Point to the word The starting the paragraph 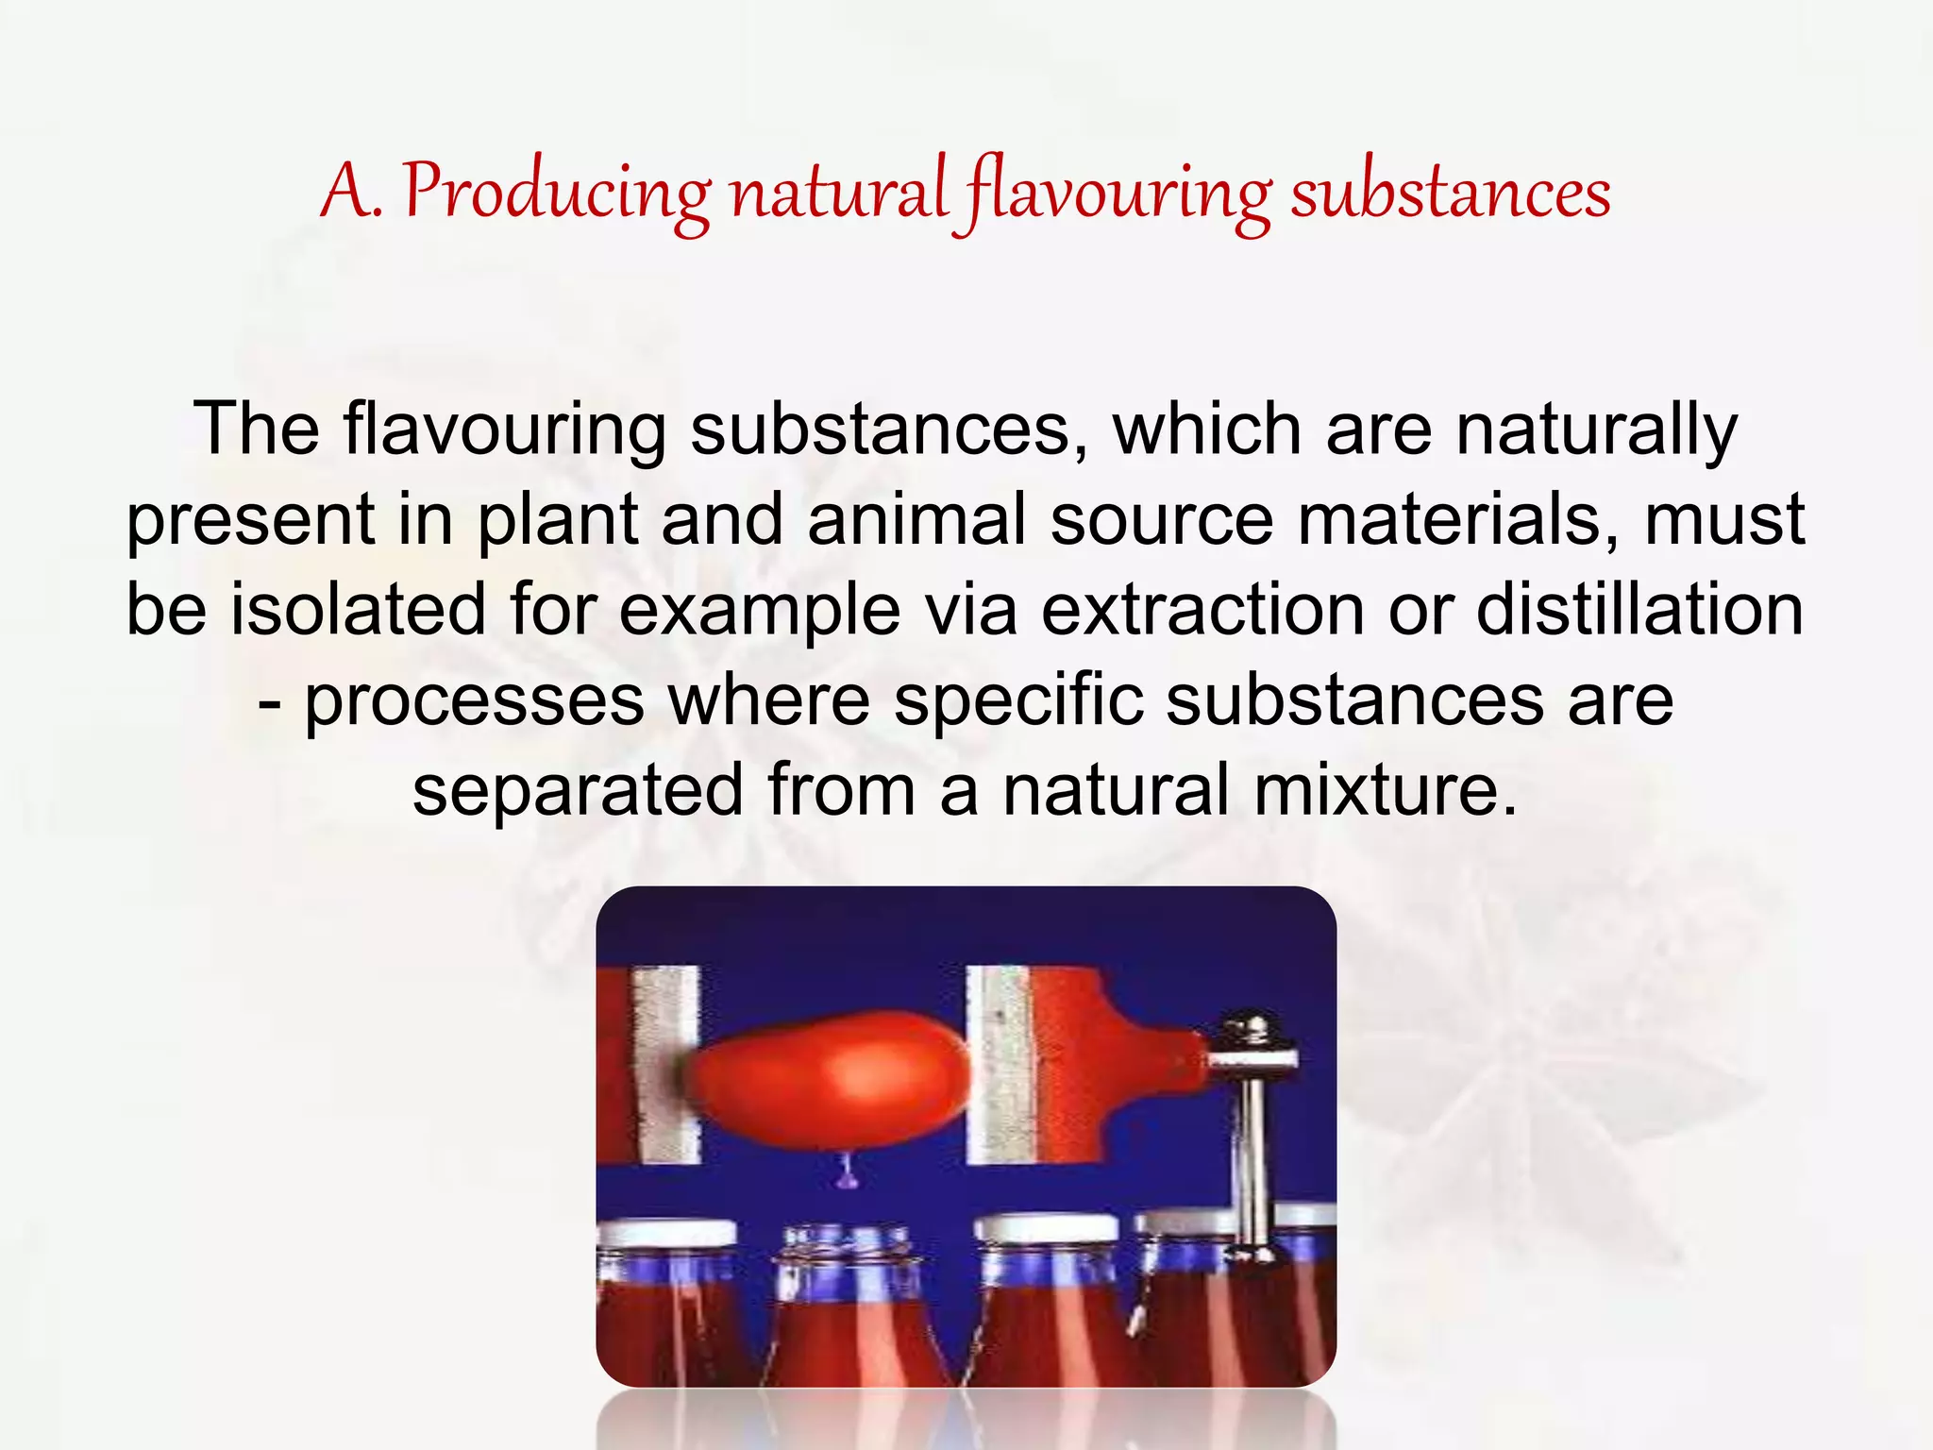[257, 430]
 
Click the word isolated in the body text [359, 610]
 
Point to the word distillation [1639, 610]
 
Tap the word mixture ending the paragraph [1385, 790]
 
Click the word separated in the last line [578, 790]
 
